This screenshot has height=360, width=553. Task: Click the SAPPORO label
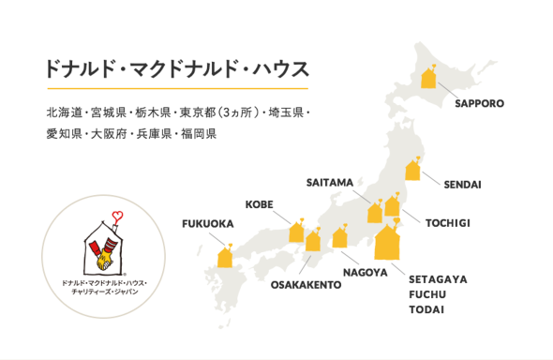point(480,102)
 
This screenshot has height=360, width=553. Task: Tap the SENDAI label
point(462,184)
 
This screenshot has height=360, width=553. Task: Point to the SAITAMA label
point(329,181)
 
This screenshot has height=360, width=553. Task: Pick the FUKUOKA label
point(206,223)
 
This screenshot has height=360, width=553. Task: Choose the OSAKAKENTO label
point(306,283)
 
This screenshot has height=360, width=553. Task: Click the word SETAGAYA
point(439,279)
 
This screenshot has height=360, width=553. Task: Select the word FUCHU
point(426,294)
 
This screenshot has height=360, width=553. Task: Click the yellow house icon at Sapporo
point(429,77)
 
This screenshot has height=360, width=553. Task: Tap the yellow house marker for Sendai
point(412,170)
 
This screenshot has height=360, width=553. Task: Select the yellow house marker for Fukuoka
point(225,256)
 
